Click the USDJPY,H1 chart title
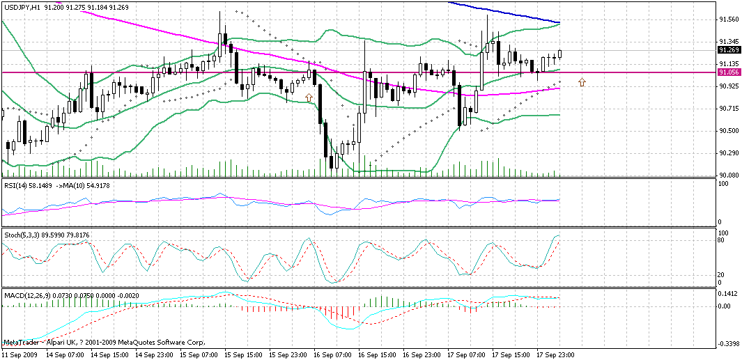pos(20,6)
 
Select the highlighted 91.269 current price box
pos(729,50)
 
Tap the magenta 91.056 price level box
pos(729,72)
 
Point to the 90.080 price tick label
pos(729,175)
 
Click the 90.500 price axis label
pos(729,131)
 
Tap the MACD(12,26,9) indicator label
pos(25,296)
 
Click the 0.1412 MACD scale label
pos(729,295)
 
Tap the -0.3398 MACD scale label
pos(729,343)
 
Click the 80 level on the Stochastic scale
pos(722,240)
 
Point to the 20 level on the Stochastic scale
pos(722,274)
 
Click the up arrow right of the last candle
pos(582,82)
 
